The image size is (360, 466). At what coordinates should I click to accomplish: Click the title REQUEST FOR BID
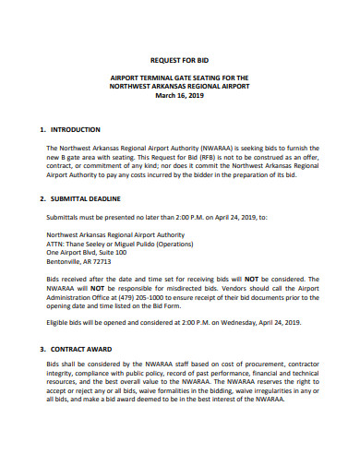coord(181,58)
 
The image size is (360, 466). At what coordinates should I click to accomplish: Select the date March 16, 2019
coord(181,95)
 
